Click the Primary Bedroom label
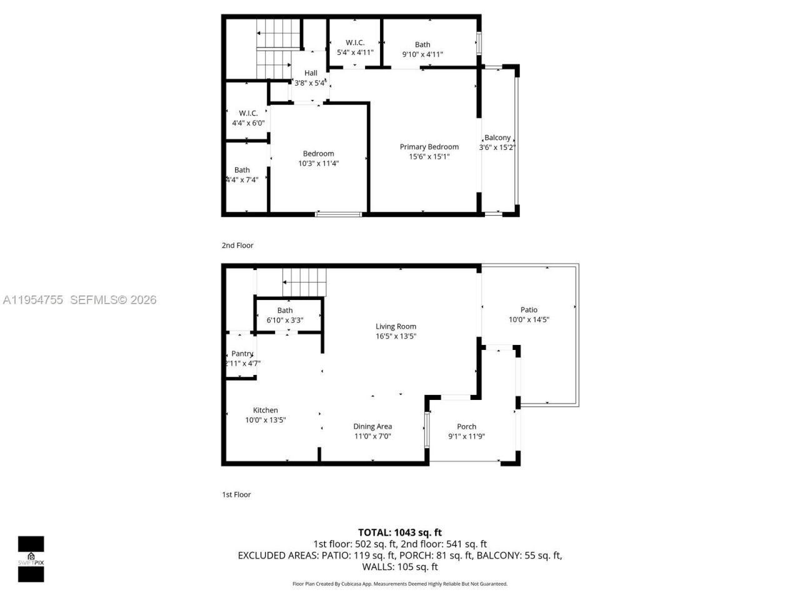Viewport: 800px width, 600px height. (x=429, y=147)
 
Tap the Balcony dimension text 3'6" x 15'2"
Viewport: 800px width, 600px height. (x=497, y=148)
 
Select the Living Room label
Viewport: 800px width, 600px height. (x=396, y=326)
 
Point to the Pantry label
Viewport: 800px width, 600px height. (x=242, y=354)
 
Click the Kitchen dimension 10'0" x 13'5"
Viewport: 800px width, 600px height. (x=265, y=420)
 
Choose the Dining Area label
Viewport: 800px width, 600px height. (x=372, y=427)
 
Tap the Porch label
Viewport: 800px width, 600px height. (x=466, y=427)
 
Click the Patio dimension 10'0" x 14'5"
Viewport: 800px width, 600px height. (x=529, y=319)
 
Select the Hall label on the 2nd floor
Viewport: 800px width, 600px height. (x=311, y=73)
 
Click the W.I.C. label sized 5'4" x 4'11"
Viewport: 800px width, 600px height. (x=355, y=42)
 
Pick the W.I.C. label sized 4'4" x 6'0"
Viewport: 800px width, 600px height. (x=248, y=113)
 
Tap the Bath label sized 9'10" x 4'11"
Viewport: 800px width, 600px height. (x=422, y=44)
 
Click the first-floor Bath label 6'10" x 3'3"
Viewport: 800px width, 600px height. (x=285, y=311)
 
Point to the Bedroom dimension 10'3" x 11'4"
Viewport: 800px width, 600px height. (x=318, y=164)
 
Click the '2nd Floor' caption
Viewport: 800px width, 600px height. (x=237, y=246)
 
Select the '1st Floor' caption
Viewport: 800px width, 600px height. (x=236, y=494)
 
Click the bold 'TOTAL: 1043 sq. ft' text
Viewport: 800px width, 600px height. (x=400, y=532)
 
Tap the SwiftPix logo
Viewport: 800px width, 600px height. (x=31, y=559)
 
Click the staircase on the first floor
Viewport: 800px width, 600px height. (x=304, y=282)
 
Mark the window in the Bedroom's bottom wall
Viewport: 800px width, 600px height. (x=338, y=214)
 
